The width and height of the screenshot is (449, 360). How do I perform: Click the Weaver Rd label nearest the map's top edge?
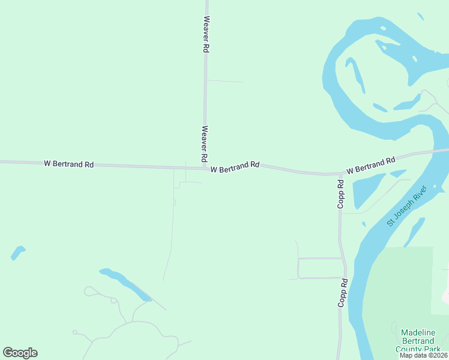(206, 35)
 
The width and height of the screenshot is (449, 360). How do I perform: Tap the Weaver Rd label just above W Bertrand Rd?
(205, 143)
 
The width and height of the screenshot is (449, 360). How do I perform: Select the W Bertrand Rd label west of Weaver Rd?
(68, 164)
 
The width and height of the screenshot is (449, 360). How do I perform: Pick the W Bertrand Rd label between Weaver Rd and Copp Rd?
(235, 167)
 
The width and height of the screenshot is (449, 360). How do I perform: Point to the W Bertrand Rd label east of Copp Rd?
(371, 165)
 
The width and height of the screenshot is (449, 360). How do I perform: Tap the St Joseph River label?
(406, 206)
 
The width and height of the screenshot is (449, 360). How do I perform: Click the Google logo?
(20, 353)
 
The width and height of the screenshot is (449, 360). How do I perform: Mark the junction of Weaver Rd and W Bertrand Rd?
(205, 168)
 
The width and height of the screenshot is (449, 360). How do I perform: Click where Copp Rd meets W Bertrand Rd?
(339, 175)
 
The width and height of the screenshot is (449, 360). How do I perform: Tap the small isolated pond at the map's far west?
(18, 253)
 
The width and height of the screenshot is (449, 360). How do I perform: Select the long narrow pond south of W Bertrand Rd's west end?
(125, 284)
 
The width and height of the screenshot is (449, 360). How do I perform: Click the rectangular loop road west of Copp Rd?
(320, 268)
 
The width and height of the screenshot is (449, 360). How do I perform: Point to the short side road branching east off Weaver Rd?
(224, 81)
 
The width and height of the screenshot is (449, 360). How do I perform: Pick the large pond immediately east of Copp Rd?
(367, 191)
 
